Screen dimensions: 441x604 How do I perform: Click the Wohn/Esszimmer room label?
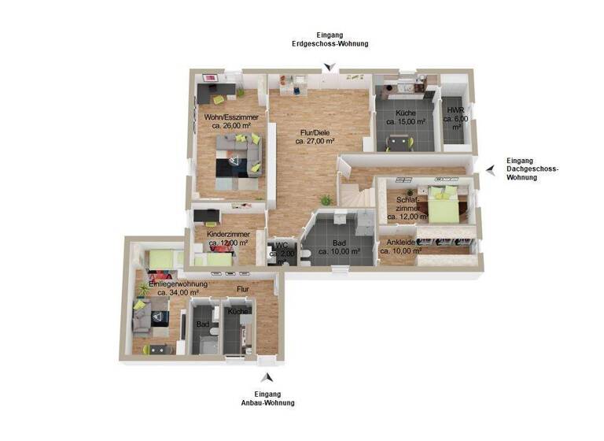pyautogui.click(x=227, y=121)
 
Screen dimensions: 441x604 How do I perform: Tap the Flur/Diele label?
pyautogui.click(x=315, y=137)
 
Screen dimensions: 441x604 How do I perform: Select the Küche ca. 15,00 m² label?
pyautogui.click(x=405, y=118)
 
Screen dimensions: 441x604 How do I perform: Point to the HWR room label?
pyautogui.click(x=455, y=117)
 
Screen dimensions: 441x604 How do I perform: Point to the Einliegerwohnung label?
pyautogui.click(x=172, y=287)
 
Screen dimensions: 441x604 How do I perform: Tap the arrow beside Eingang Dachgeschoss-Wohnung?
pyautogui.click(x=490, y=169)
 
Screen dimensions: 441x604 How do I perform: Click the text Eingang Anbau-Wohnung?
pyautogui.click(x=267, y=398)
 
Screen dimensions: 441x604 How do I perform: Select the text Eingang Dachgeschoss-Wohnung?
pyautogui.click(x=532, y=169)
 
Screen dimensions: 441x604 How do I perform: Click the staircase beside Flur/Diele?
pyautogui.click(x=354, y=193)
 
